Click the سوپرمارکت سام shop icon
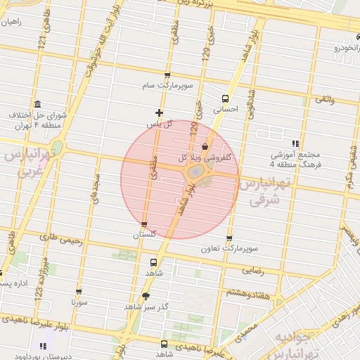[167, 75]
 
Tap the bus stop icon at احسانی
[225, 98]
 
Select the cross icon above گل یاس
[159, 112]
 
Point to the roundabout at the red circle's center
[195, 172]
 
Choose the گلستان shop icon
[144, 224]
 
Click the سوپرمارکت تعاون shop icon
[230, 238]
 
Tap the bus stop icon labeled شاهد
[134, 259]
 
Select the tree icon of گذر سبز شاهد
[146, 296]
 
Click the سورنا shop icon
[78, 291]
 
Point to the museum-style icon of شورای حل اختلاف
[37, 104]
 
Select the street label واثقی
[325, 99]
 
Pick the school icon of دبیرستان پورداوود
[44, 346]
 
